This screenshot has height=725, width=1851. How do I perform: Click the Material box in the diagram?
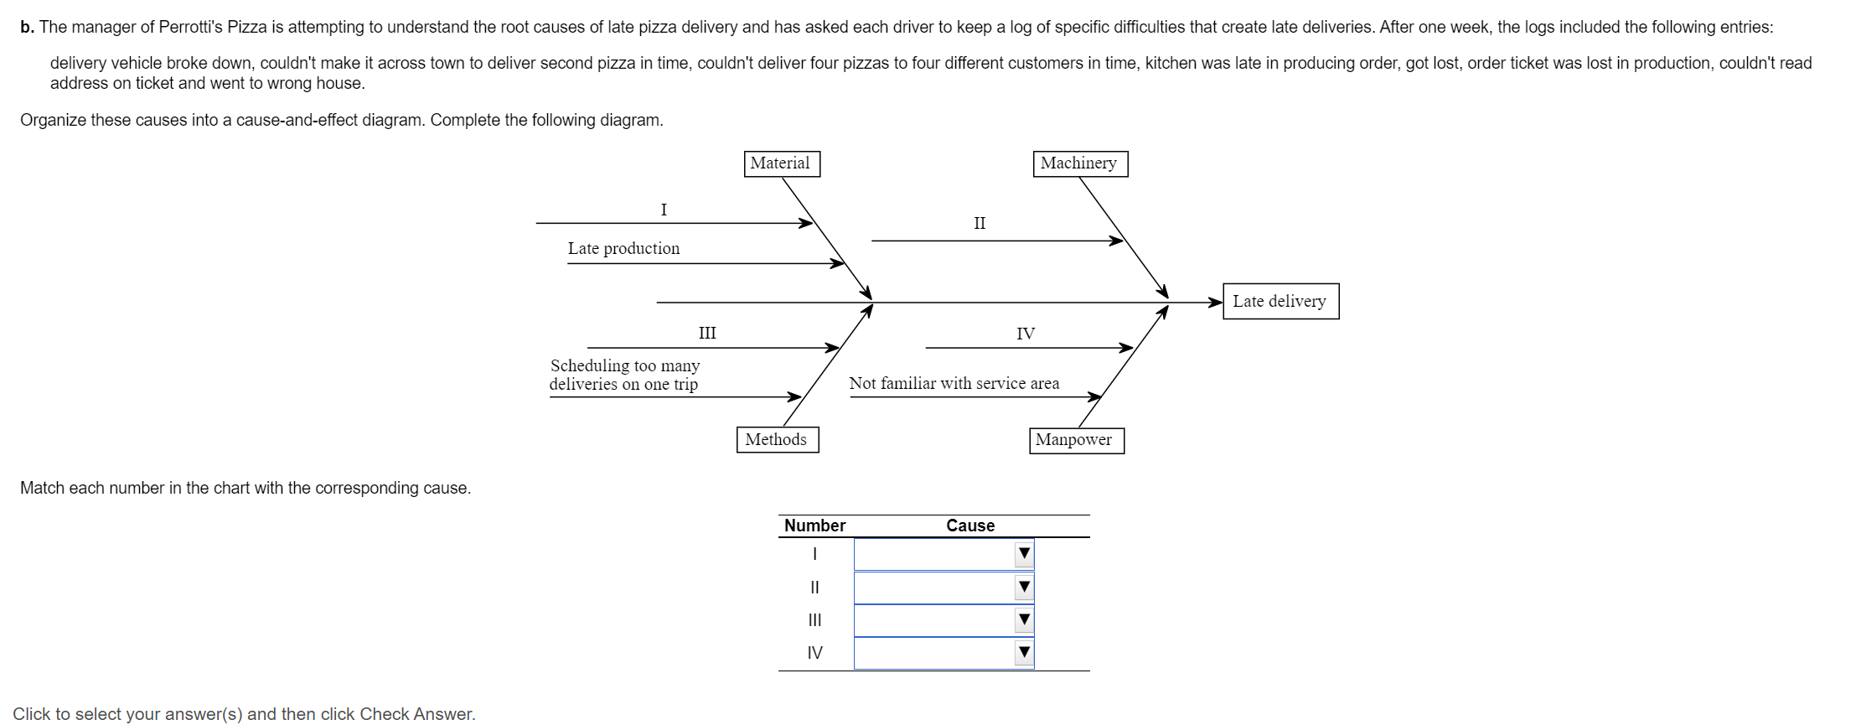point(781,163)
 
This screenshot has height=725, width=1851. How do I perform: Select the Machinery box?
point(1079,163)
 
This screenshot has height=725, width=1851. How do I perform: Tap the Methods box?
point(777,440)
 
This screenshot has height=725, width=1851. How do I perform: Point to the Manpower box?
point(1075,440)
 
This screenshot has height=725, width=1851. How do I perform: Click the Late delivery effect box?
point(1280,302)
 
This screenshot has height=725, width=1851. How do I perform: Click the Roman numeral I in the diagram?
point(664,210)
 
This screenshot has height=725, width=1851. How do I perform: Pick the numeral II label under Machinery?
point(980,224)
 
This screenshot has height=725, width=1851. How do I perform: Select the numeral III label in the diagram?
point(707,334)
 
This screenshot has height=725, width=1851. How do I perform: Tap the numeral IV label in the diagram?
point(1026,334)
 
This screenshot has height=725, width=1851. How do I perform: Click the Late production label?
point(623,249)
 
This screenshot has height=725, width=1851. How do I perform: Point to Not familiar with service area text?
point(954,384)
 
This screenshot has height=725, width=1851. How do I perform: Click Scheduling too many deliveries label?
point(624,375)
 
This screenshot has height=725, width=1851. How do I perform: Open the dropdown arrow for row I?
point(1024,554)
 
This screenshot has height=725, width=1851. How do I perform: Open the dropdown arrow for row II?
point(1024,587)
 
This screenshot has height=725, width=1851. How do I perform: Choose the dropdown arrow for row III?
point(1024,620)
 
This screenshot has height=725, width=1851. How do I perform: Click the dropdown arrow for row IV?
point(1024,653)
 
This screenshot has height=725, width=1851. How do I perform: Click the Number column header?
point(814,526)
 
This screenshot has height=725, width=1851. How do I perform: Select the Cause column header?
point(970,526)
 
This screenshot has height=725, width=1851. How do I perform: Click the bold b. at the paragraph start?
point(27,28)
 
